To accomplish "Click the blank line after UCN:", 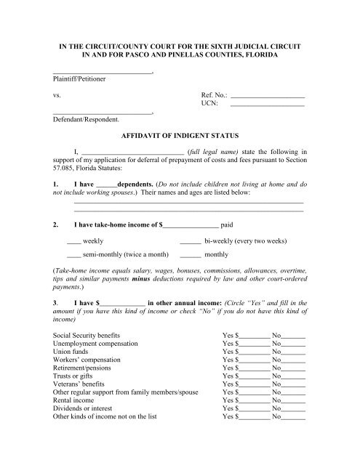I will tap(267, 107).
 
